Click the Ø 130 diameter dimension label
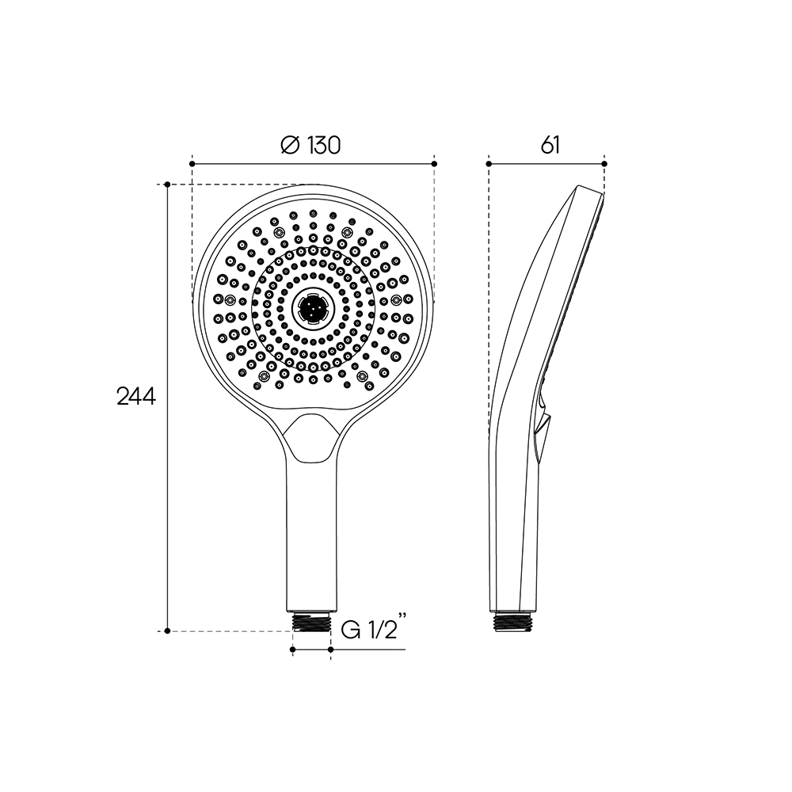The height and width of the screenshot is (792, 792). coord(310,146)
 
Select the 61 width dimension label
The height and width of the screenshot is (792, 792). coord(550,146)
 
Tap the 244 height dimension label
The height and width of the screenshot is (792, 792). coord(136,397)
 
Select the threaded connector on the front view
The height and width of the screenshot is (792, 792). coord(311,622)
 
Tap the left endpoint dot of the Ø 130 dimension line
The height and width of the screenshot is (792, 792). coord(192,164)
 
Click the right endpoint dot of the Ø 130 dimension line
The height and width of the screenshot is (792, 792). coord(434,164)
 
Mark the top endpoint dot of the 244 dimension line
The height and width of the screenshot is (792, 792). coord(168,185)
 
